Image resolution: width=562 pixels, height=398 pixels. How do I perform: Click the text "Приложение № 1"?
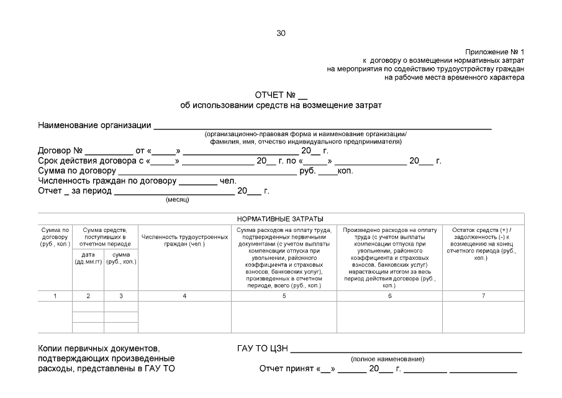coord(494,52)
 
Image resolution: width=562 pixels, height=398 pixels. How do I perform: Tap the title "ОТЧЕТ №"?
coord(276,95)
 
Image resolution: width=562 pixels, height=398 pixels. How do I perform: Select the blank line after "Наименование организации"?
coord(323,126)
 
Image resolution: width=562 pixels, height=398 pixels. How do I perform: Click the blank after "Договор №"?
coord(109,151)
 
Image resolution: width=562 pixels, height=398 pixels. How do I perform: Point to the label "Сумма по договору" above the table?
coord(77,171)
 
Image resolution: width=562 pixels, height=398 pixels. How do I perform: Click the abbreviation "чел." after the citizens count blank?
coord(229,181)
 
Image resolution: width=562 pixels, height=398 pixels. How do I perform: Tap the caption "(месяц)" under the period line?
coord(177,200)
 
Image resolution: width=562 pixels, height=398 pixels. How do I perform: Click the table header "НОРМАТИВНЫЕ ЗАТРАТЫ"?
coord(281,219)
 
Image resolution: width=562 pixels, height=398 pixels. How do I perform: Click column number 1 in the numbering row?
coord(55,296)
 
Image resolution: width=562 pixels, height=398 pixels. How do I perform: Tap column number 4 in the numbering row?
coord(184,296)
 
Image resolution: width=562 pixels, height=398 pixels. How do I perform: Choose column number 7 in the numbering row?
coord(483,296)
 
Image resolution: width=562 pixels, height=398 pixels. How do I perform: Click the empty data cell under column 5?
coord(284,317)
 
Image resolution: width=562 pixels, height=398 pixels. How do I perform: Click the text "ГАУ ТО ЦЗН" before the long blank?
coord(262,348)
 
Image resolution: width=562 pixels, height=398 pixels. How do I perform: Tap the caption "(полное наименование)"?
coord(388,359)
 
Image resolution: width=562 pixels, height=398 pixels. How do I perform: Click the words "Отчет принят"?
coord(286,369)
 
